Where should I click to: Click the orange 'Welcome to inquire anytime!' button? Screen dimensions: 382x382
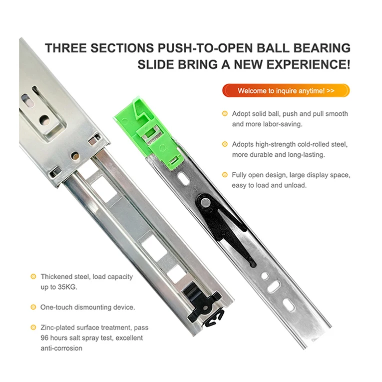click(286, 91)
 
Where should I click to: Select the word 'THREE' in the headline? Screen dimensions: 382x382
click(67, 48)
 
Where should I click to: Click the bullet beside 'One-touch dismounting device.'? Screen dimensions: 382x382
click(33, 307)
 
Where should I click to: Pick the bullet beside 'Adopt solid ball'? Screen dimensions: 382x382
click(225, 114)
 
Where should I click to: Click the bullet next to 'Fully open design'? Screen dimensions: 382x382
click(225, 175)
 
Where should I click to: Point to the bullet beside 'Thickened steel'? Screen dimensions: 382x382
click(33, 277)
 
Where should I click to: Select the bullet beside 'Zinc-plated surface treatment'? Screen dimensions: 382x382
click(33, 328)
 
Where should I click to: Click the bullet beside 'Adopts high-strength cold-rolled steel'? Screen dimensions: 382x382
click(225, 144)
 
